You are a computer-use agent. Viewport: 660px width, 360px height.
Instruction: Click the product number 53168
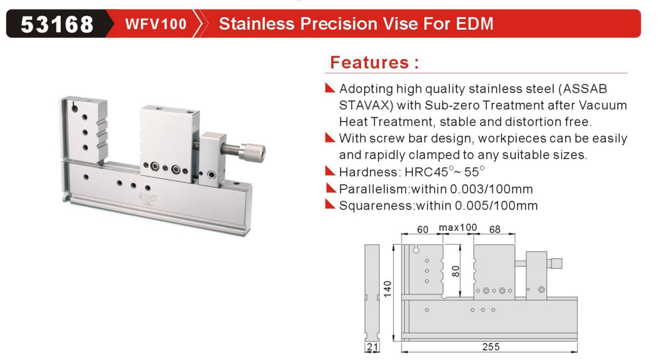point(57,24)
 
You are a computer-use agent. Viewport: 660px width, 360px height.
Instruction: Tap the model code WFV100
point(156,24)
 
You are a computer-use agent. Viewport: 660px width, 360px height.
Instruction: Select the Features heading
point(374,62)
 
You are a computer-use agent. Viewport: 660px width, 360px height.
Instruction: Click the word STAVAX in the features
point(366,105)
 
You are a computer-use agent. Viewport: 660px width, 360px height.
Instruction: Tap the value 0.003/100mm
point(491,189)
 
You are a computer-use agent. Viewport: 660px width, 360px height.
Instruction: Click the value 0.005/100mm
point(497,206)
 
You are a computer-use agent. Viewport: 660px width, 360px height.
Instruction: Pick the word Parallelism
point(373,189)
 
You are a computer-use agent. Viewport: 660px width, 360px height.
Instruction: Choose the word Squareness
point(376,206)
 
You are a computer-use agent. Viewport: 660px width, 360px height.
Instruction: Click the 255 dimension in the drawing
point(491,347)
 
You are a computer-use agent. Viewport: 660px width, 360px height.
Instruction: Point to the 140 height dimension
point(387,289)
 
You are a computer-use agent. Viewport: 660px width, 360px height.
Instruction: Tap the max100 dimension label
point(458,228)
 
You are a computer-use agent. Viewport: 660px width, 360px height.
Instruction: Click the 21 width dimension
point(372,347)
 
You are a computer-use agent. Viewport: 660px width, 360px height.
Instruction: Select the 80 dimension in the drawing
point(455,271)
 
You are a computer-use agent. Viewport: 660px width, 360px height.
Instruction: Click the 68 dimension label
point(495,229)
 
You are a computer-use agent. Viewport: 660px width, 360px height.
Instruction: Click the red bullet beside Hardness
point(330,171)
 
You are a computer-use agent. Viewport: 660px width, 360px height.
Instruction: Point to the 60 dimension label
point(422,229)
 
